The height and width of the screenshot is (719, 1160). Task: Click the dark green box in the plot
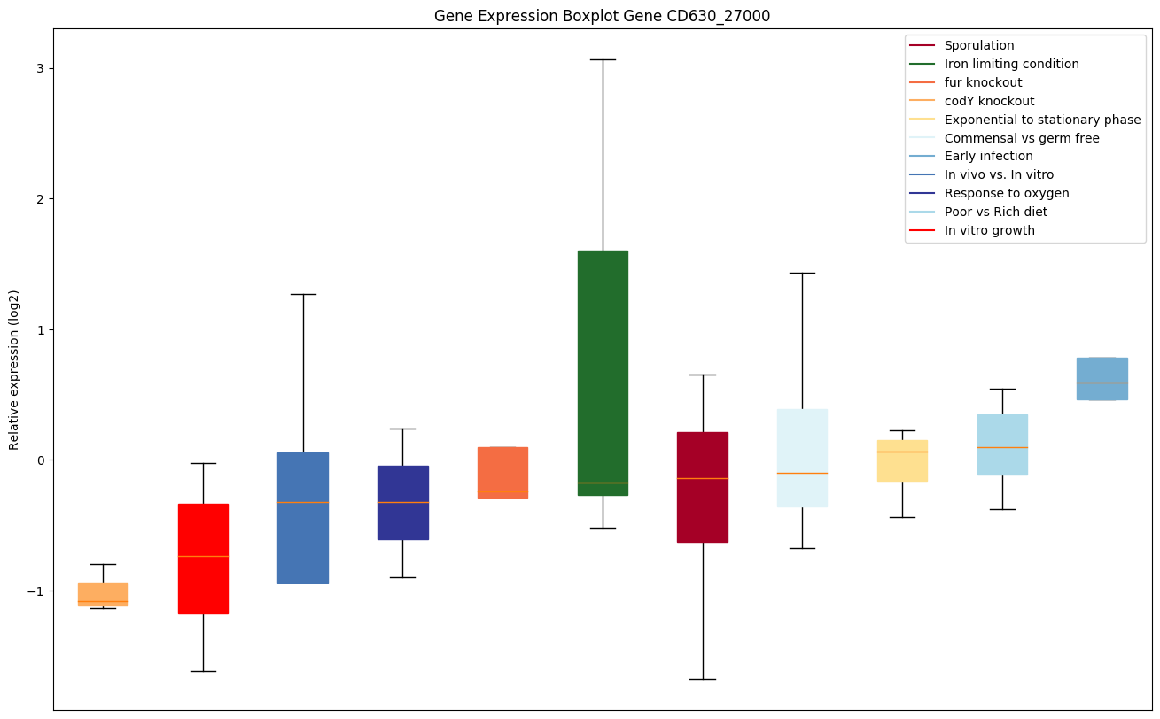click(603, 372)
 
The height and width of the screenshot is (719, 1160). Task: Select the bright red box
click(203, 558)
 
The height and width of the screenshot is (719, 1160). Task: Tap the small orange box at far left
click(103, 593)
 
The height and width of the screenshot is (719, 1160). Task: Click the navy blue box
click(403, 502)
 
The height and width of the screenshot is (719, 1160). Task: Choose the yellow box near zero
click(902, 460)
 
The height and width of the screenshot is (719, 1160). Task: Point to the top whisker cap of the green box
click(603, 59)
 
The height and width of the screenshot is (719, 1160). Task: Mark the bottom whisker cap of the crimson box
click(703, 679)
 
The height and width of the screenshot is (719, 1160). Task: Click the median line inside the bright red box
click(203, 556)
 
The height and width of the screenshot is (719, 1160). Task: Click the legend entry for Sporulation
click(979, 45)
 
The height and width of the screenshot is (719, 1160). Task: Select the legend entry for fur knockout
click(983, 82)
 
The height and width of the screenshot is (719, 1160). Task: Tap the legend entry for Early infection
click(988, 156)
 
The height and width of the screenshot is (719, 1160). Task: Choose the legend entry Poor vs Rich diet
click(995, 212)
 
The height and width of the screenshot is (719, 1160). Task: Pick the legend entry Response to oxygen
click(1007, 193)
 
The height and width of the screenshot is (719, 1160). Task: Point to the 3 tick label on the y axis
click(40, 68)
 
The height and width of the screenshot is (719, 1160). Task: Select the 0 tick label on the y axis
click(40, 460)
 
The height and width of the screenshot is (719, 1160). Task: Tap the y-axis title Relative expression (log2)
click(14, 369)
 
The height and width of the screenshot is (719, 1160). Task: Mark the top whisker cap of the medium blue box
click(303, 294)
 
